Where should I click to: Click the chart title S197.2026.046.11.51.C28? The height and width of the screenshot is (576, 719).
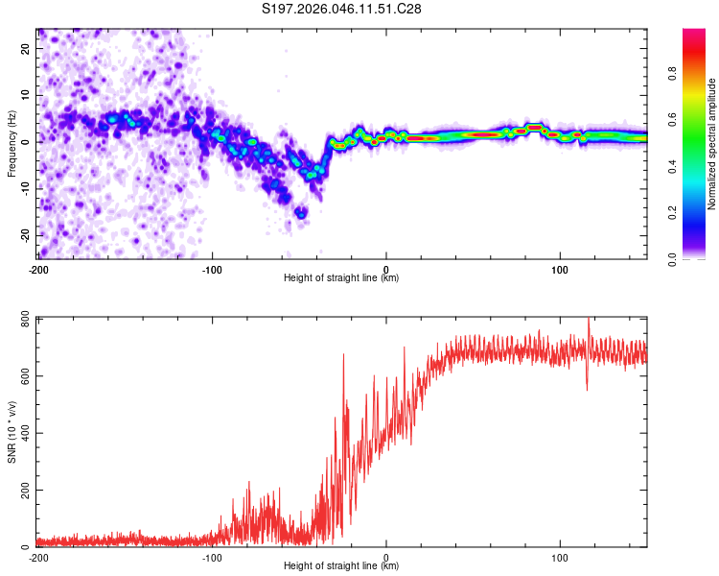click(342, 9)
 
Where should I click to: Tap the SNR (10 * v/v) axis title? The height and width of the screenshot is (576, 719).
click(12, 432)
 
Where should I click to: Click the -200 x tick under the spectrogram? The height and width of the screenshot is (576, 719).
click(38, 268)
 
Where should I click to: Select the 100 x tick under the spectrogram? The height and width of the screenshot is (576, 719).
click(560, 268)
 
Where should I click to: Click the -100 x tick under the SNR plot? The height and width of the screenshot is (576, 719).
click(212, 557)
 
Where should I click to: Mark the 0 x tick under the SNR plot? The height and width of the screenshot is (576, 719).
click(386, 557)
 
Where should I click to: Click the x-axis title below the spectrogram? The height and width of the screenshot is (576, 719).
click(341, 278)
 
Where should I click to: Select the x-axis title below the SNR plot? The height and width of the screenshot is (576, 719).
click(341, 566)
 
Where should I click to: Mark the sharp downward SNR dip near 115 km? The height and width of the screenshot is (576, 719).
click(587, 388)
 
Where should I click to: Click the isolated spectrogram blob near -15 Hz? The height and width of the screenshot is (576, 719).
click(301, 213)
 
